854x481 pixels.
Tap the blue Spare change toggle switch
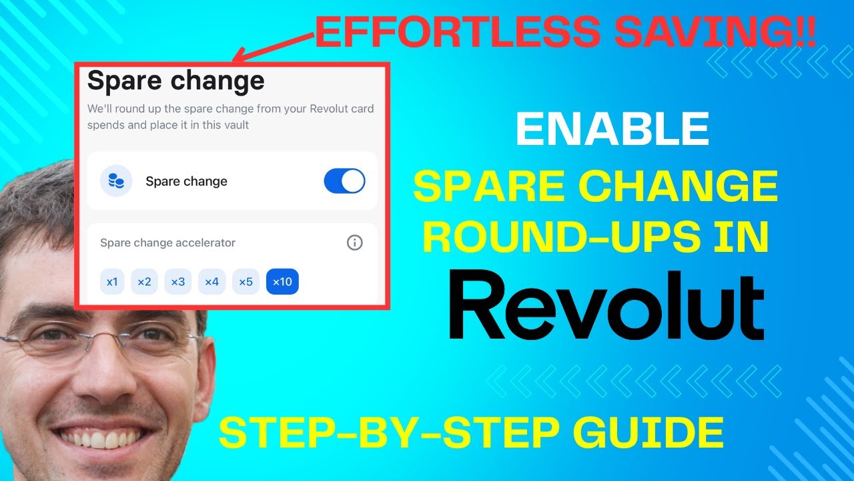point(344,181)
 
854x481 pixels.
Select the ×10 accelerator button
point(282,282)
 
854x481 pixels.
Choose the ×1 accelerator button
point(112,282)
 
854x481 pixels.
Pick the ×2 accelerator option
point(144,282)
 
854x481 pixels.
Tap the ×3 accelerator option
point(177,282)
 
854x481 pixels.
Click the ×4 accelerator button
point(211,282)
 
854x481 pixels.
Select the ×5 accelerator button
point(246,282)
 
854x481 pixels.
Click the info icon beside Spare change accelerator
point(355,243)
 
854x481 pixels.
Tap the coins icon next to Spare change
point(116,181)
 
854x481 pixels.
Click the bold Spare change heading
point(176,81)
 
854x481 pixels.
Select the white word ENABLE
point(612,130)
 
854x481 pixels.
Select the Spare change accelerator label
point(167,243)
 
